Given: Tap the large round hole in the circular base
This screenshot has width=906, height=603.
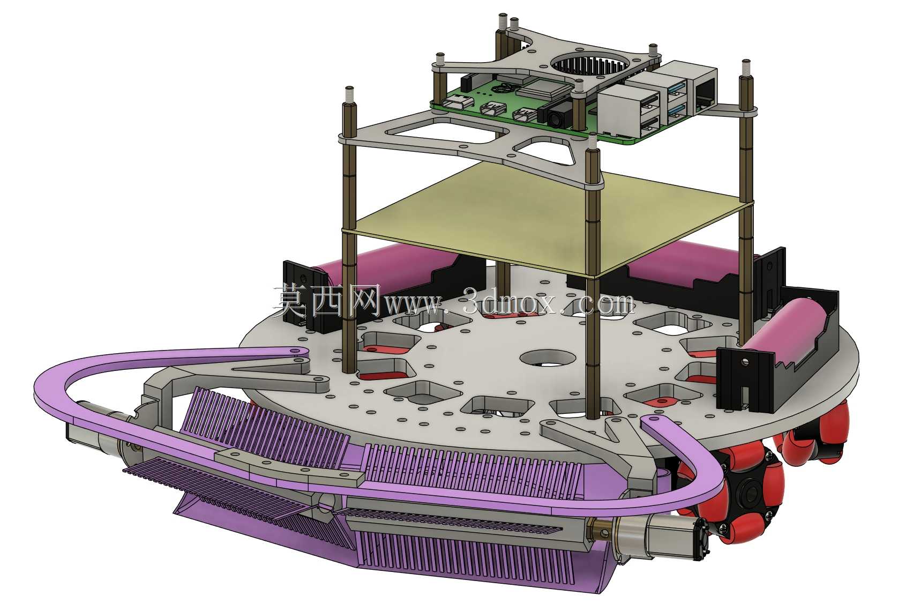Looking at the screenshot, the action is [x=548, y=358].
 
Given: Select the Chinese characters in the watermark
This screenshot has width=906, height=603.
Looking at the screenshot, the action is [x=327, y=301].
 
